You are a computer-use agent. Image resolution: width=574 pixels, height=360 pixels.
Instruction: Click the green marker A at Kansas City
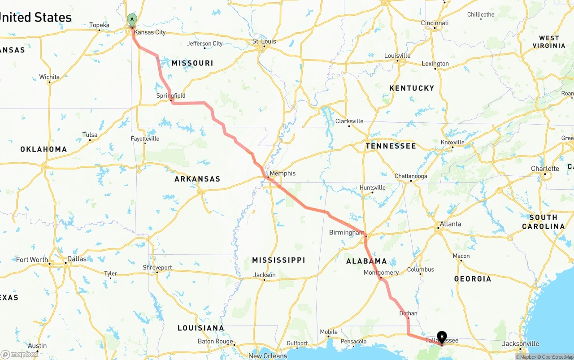[x=132, y=19]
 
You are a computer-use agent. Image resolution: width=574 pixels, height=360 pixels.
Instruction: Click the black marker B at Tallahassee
[x=442, y=337]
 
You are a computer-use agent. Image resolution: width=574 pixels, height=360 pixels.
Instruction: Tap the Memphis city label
[x=283, y=173]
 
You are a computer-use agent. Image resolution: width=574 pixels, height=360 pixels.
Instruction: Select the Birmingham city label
[x=347, y=233]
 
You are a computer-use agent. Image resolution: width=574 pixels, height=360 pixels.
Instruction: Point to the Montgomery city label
[x=381, y=273]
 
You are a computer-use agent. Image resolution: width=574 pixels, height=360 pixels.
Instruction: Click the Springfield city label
[x=171, y=95]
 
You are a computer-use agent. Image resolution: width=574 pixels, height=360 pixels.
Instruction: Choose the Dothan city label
[x=408, y=313]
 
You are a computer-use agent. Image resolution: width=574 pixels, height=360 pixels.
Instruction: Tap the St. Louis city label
[x=264, y=41]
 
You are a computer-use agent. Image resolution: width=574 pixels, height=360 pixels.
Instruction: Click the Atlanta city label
[x=450, y=224]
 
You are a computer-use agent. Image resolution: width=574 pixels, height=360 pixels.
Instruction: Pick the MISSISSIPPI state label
[x=278, y=260]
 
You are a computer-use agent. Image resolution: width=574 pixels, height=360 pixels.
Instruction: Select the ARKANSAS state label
[x=197, y=179]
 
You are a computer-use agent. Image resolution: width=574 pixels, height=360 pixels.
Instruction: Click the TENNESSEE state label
[x=391, y=146]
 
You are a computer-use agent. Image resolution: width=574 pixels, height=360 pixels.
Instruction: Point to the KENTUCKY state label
[x=412, y=88]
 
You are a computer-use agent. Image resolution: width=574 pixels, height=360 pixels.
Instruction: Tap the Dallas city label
[x=77, y=259]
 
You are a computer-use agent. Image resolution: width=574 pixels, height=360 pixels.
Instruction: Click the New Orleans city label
[x=268, y=356]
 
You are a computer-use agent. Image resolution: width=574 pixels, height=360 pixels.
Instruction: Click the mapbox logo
[x=20, y=354]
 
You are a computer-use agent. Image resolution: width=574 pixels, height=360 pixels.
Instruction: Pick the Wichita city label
[x=49, y=77]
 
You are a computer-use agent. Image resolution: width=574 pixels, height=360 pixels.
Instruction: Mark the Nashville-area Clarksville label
[x=349, y=121]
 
